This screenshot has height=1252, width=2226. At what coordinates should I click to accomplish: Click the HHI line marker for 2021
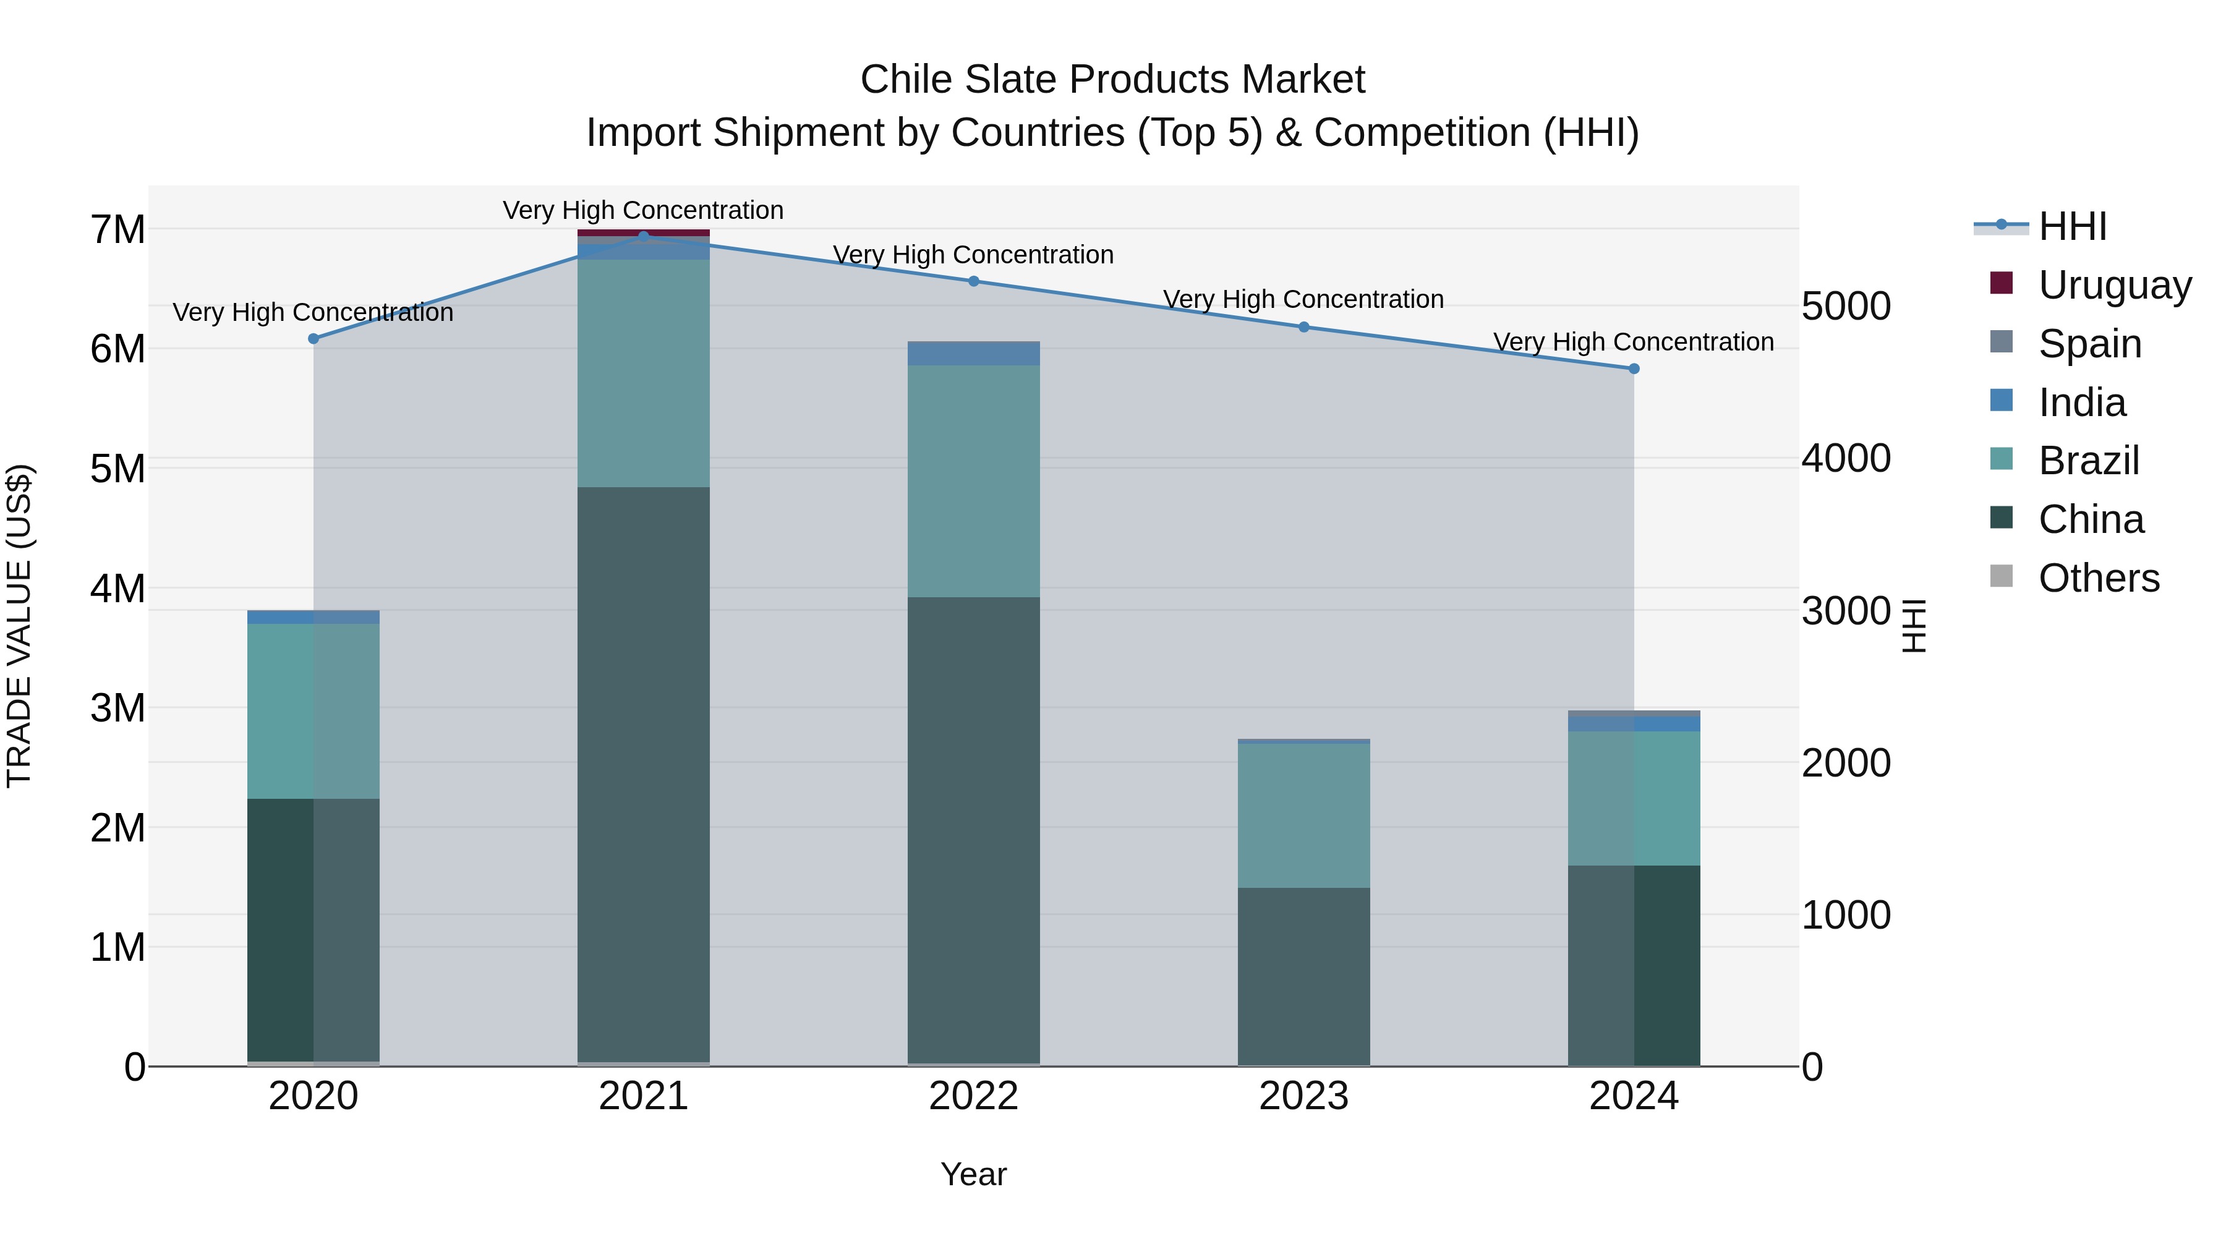pos(643,236)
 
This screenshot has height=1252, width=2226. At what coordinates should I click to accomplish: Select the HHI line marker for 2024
pos(1633,369)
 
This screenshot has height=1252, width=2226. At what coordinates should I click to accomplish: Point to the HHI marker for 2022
pos(973,281)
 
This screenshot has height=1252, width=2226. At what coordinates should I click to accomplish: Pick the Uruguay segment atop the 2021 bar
pos(643,232)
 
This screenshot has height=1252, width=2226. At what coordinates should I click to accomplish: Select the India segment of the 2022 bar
pos(973,354)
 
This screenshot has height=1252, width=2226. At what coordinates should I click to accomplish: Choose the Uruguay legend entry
pos(2113,284)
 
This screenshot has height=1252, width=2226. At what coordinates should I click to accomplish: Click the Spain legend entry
pos(2089,343)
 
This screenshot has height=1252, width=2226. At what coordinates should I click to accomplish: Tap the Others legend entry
pos(2098,577)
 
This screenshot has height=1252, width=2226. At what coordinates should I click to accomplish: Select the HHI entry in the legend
pos(2072,226)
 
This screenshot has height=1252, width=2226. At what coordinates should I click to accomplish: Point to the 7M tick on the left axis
pos(117,230)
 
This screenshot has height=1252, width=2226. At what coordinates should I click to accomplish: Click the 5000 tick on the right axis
pos(1846,306)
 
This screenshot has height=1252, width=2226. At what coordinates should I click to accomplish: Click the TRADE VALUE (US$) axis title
pos(19,626)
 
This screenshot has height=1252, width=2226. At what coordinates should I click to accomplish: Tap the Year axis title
pos(973,1174)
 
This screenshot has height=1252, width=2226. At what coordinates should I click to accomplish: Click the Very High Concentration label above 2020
pos(313,312)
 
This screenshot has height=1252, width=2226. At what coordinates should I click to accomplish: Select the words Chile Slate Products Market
pos(1112,80)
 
